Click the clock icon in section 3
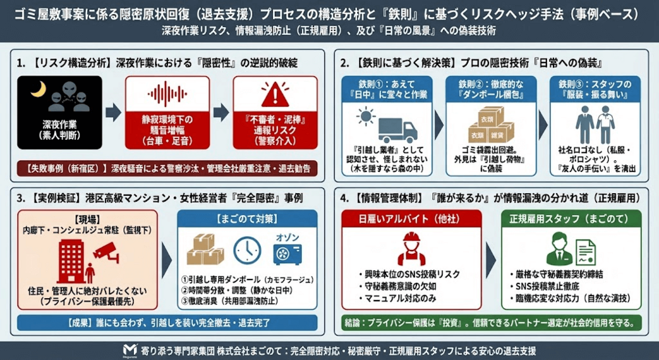pos(246,250)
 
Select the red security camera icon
pos(105,248)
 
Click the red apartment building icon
pos(72,261)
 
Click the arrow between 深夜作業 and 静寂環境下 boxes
pos(113,112)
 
